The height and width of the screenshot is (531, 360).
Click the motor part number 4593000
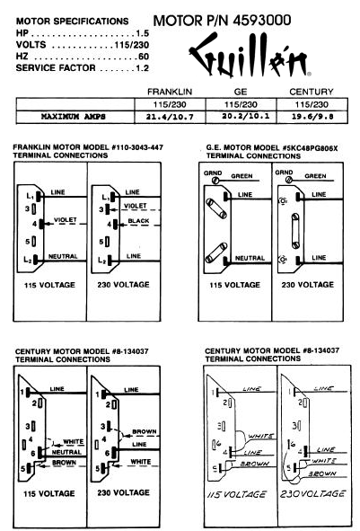point(261,21)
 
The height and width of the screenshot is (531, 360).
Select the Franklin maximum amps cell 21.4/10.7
point(170,117)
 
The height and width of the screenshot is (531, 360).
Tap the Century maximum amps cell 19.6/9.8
point(312,117)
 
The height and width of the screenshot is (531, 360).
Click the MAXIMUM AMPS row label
point(73,117)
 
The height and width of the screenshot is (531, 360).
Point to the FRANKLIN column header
point(170,92)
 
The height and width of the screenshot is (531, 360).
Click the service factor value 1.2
point(142,68)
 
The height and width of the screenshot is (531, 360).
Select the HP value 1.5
point(142,33)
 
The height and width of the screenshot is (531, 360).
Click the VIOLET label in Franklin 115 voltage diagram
point(66,220)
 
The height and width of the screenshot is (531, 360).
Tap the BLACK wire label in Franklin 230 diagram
point(138,221)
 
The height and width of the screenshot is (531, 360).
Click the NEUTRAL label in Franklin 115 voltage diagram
point(63,256)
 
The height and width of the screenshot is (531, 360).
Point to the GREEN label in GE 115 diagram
point(241,176)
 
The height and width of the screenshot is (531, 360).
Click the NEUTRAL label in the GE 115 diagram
point(250,258)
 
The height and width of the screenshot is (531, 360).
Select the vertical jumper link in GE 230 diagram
point(295,231)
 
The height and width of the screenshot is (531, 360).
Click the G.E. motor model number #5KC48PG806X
point(310,148)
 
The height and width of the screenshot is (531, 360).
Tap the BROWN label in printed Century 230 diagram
point(145,432)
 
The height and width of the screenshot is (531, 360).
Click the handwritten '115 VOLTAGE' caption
point(236,494)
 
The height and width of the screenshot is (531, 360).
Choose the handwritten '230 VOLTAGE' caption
point(312,494)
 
